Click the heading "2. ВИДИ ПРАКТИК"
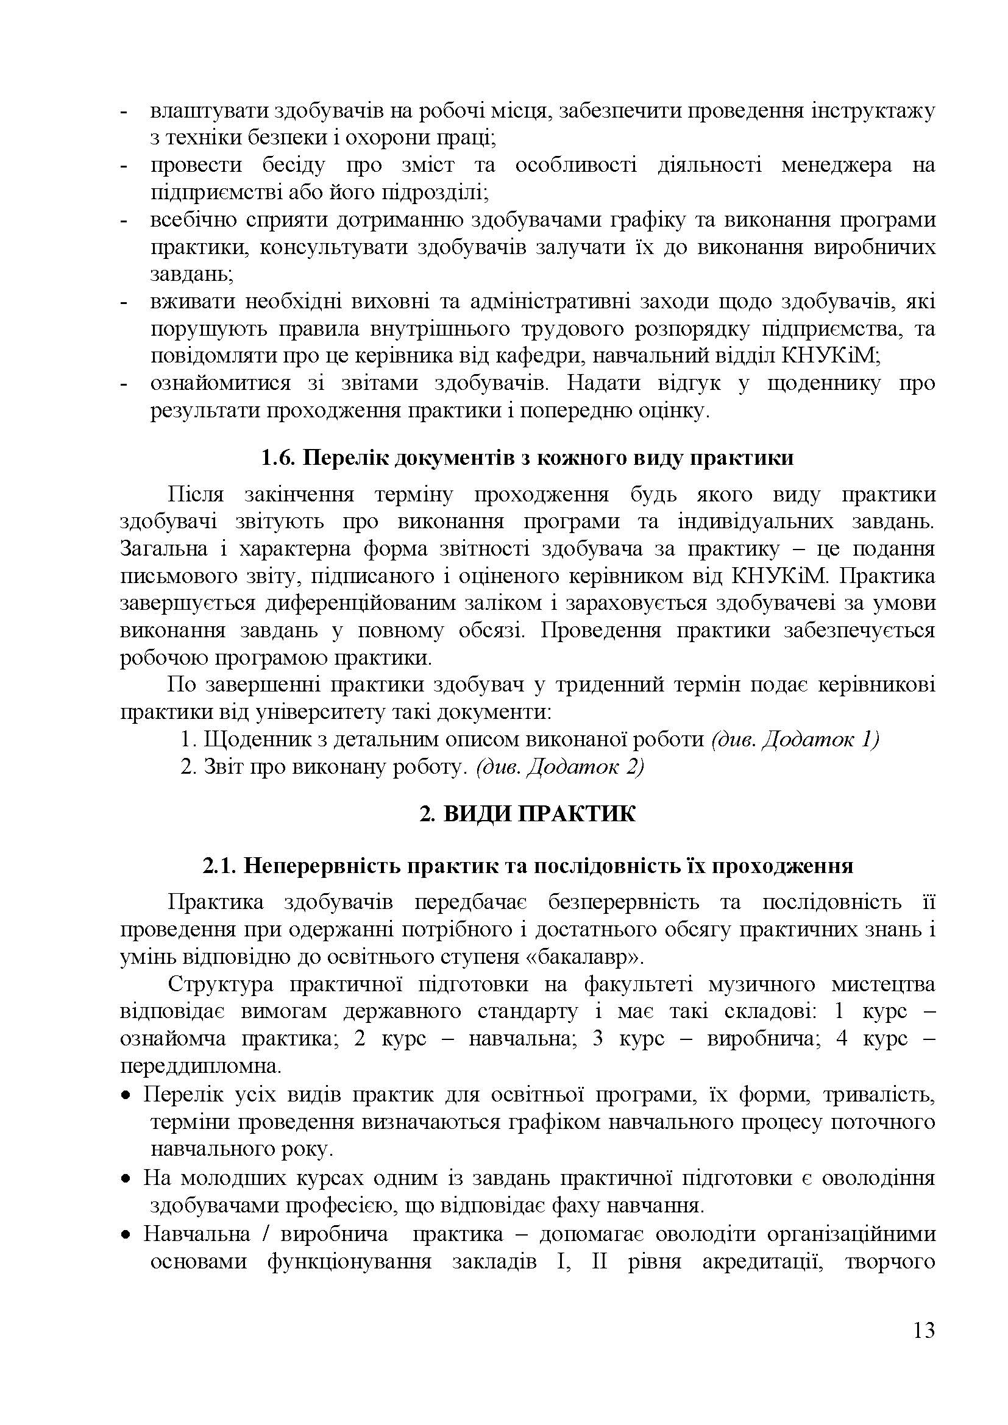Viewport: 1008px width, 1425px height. (527, 814)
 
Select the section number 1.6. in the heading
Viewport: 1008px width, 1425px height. (278, 458)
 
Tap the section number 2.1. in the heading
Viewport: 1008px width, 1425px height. (220, 866)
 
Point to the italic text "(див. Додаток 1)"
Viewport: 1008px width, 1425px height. (795, 739)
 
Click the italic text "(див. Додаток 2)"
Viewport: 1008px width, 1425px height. (560, 767)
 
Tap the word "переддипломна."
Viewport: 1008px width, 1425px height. (201, 1066)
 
